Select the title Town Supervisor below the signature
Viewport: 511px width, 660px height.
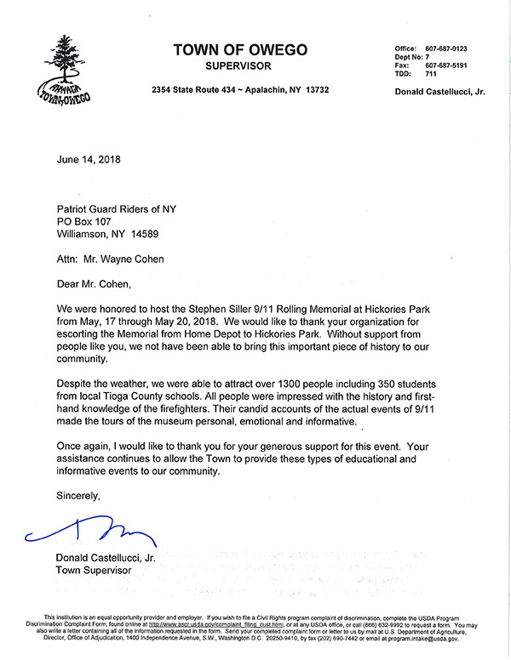click(93, 571)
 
